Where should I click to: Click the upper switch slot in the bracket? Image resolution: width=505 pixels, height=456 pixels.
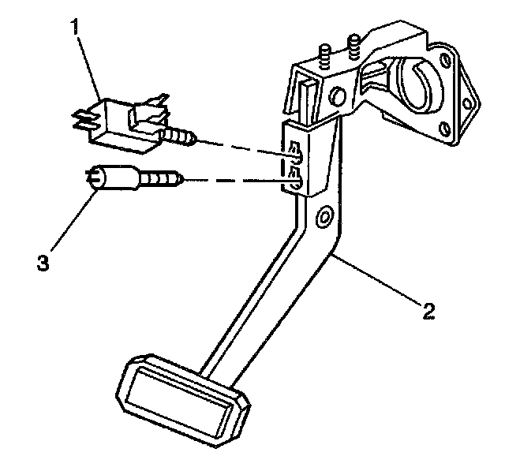pos(294,153)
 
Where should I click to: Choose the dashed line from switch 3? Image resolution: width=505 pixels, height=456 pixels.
pos(237,181)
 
